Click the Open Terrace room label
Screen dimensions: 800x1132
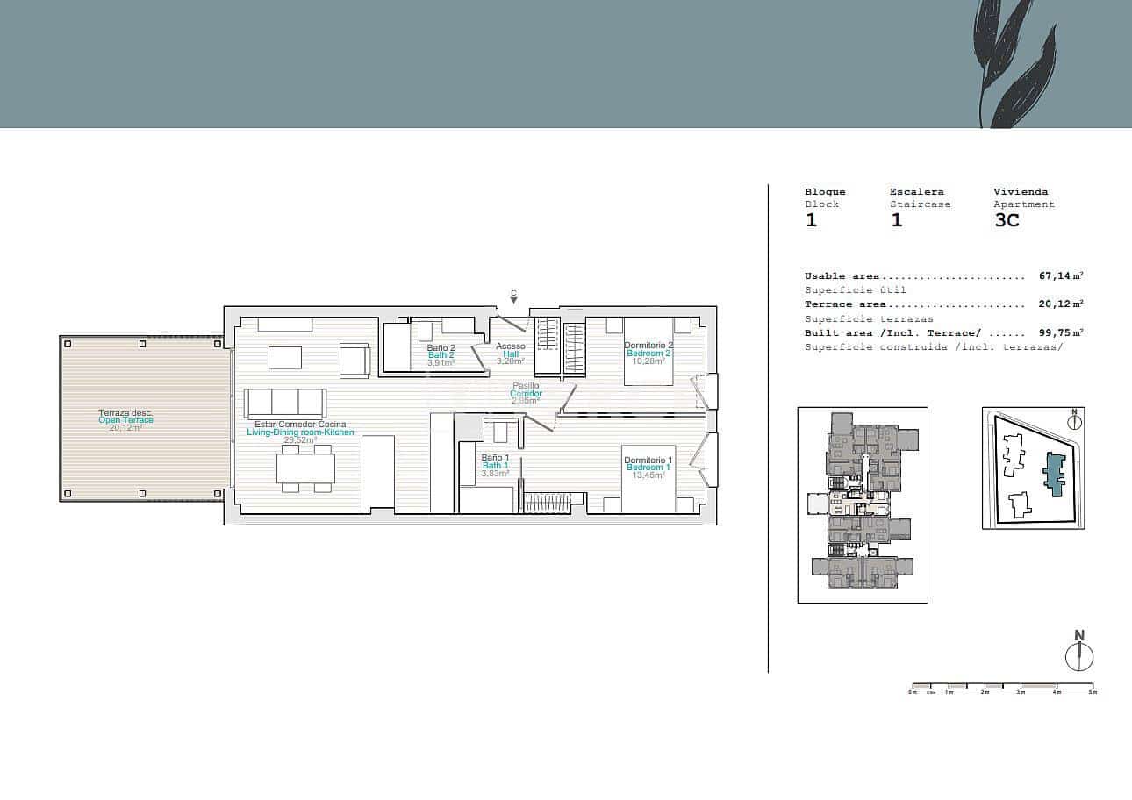(125, 420)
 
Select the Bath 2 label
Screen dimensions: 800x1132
(441, 355)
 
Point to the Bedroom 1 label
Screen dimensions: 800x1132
(648, 468)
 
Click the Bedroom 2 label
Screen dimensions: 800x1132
(648, 353)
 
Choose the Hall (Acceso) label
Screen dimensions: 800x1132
(511, 354)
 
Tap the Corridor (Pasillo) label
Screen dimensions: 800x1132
(526, 394)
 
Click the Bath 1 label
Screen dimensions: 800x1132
(495, 466)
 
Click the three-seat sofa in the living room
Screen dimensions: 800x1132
(285, 403)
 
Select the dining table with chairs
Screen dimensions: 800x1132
(304, 468)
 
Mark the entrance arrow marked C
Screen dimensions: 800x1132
(514, 298)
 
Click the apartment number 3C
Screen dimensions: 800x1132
(1007, 220)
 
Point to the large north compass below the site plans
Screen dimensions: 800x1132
(1079, 655)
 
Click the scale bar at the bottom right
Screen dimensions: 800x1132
(1003, 686)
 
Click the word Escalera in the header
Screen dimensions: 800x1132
(916, 192)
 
